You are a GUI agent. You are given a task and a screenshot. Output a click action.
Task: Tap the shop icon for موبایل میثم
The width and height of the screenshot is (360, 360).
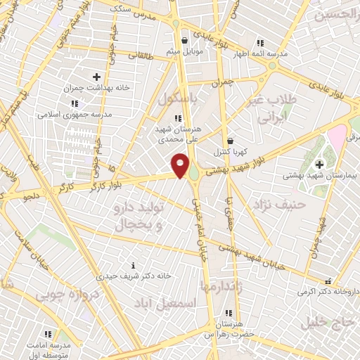[x=184, y=40]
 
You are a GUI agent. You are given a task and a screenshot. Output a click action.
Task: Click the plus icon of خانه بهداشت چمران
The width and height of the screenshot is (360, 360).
[x=96, y=77]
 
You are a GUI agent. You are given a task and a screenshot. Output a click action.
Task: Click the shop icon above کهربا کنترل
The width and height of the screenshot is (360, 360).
[x=231, y=141]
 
